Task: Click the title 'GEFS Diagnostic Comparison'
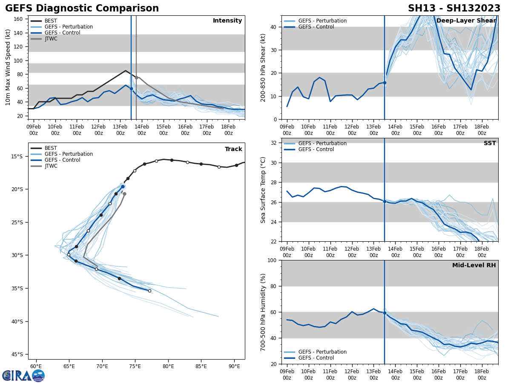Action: pyautogui.click(x=82, y=9)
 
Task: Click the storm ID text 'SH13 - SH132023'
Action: pyautogui.click(x=454, y=9)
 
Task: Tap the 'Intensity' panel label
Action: pyautogui.click(x=227, y=21)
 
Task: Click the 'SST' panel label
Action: pyautogui.click(x=490, y=143)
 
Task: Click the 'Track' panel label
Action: pyautogui.click(x=233, y=149)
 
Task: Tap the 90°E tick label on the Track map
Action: pyautogui.click(x=234, y=366)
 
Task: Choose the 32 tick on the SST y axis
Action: pyautogui.click(x=274, y=143)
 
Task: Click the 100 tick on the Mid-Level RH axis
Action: pyautogui.click(x=273, y=260)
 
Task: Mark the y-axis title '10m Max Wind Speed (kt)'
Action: pyautogui.click(x=8, y=67)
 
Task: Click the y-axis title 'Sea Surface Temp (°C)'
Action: pyautogui.click(x=263, y=190)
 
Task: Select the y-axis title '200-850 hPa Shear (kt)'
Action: pyautogui.click(x=263, y=67)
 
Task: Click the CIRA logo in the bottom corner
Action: pyautogui.click(x=23, y=375)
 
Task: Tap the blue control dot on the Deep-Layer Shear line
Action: pyautogui.click(x=385, y=83)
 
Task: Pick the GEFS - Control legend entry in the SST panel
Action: pyautogui.click(x=316, y=149)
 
